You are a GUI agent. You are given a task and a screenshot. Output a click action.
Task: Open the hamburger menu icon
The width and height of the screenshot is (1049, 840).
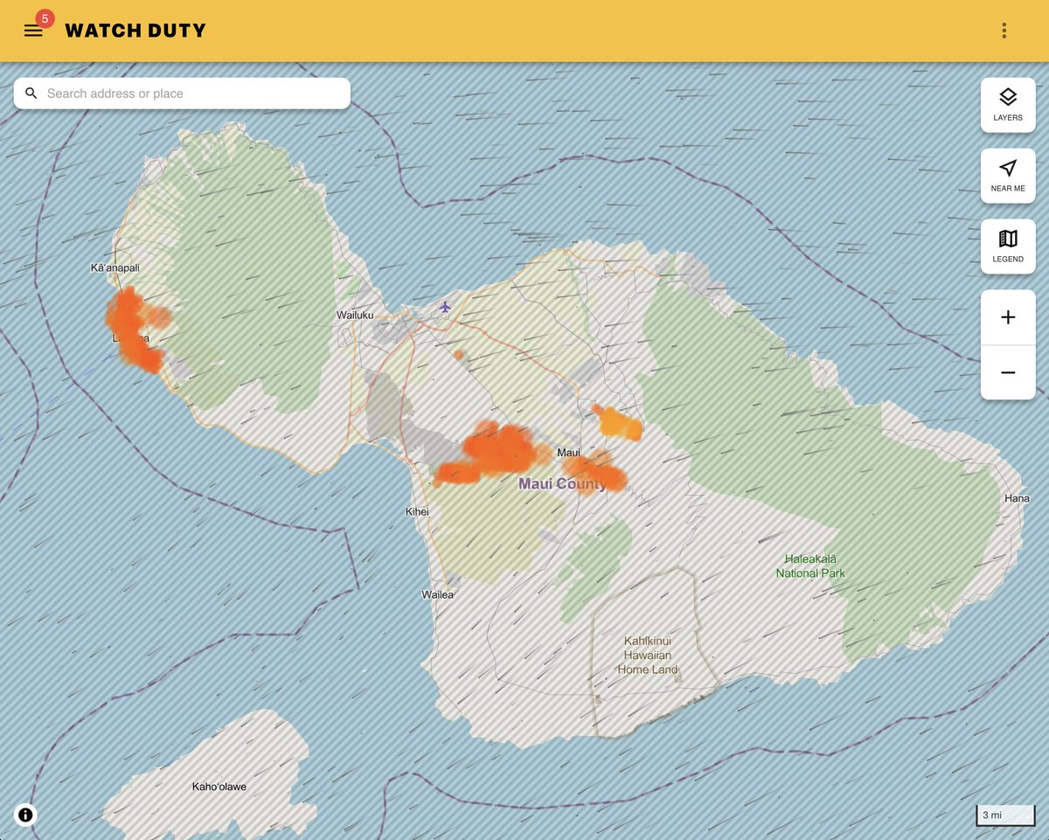pos(33,31)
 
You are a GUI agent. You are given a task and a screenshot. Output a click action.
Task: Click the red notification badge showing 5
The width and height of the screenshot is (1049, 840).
pos(45,18)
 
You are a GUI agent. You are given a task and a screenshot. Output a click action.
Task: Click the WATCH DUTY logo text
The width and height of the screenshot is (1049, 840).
pos(135,31)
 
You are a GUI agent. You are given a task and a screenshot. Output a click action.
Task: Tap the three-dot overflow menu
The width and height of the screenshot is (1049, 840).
pos(1004,31)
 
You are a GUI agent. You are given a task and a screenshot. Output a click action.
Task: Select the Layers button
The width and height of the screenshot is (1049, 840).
pos(1008,105)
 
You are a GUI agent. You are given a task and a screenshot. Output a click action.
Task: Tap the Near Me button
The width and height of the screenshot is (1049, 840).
pos(1008,176)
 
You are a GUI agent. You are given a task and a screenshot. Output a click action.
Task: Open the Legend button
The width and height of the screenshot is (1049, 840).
pos(1008,246)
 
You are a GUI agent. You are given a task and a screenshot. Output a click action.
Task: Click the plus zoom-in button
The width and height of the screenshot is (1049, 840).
pos(1008,317)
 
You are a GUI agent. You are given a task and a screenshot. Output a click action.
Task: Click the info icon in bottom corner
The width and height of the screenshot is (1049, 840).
pos(25,815)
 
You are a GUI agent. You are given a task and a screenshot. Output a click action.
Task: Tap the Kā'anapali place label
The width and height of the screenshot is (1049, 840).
pos(115,267)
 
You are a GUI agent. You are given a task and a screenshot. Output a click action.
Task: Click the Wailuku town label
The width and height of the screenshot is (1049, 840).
pos(355,315)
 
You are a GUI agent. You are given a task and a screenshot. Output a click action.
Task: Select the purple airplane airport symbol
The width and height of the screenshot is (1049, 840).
pos(446,307)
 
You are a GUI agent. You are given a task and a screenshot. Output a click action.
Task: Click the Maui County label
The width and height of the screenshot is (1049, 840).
pos(562,483)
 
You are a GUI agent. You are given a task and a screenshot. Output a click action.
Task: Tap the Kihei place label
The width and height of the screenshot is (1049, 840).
pos(417,511)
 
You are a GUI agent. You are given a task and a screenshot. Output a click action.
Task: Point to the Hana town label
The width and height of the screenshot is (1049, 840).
pos(1017,498)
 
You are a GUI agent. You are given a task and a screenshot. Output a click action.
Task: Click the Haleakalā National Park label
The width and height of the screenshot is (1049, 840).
pos(810,566)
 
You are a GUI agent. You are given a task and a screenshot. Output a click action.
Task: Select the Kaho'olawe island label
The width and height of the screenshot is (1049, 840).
pos(219,787)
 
